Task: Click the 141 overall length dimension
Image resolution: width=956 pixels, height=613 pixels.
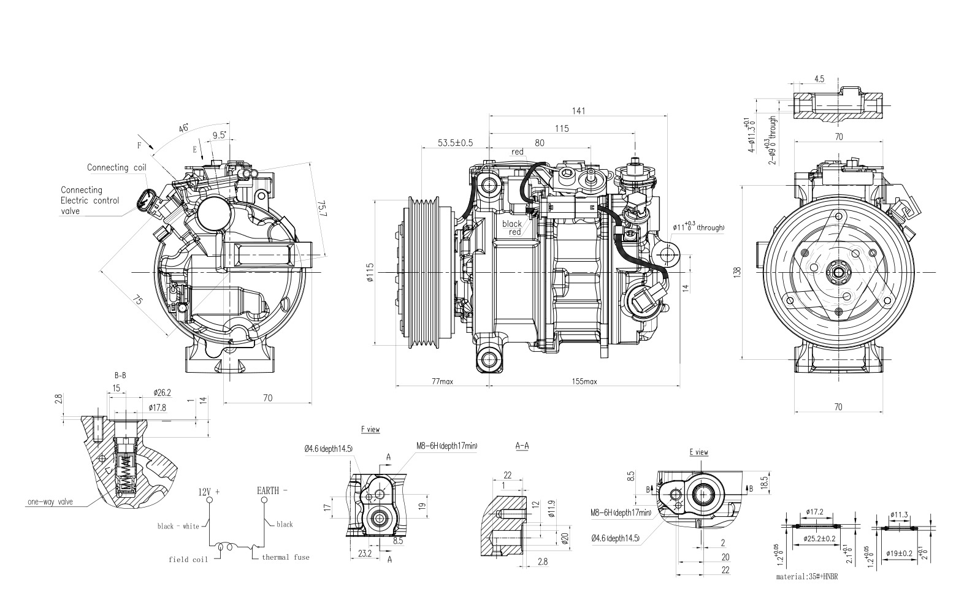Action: click(x=579, y=111)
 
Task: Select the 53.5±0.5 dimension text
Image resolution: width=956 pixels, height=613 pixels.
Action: click(x=455, y=143)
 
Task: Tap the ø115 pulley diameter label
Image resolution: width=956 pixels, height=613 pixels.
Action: click(x=370, y=272)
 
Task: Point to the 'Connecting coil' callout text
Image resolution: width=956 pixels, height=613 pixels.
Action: click(x=116, y=167)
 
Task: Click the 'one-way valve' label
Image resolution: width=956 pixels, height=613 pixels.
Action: click(x=50, y=501)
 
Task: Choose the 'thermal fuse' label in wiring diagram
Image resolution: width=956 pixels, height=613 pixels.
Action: click(x=285, y=557)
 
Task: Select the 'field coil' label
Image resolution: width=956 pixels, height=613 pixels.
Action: click(x=188, y=559)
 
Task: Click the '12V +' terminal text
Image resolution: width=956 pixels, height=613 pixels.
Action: click(x=208, y=492)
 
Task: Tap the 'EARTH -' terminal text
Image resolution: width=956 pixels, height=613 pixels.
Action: click(x=272, y=491)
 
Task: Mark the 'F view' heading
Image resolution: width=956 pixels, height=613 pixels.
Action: click(x=370, y=430)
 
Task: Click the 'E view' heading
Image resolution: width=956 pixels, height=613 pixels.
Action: click(x=698, y=452)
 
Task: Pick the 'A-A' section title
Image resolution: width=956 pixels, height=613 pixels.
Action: click(x=522, y=446)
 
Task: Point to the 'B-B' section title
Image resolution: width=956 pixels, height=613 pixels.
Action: click(x=120, y=375)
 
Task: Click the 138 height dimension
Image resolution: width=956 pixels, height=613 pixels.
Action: click(x=736, y=270)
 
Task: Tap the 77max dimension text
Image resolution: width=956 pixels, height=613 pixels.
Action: click(x=442, y=381)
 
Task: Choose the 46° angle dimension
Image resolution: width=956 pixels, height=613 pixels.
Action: click(x=183, y=128)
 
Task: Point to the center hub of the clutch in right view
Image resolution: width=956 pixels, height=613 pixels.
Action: click(x=837, y=272)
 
